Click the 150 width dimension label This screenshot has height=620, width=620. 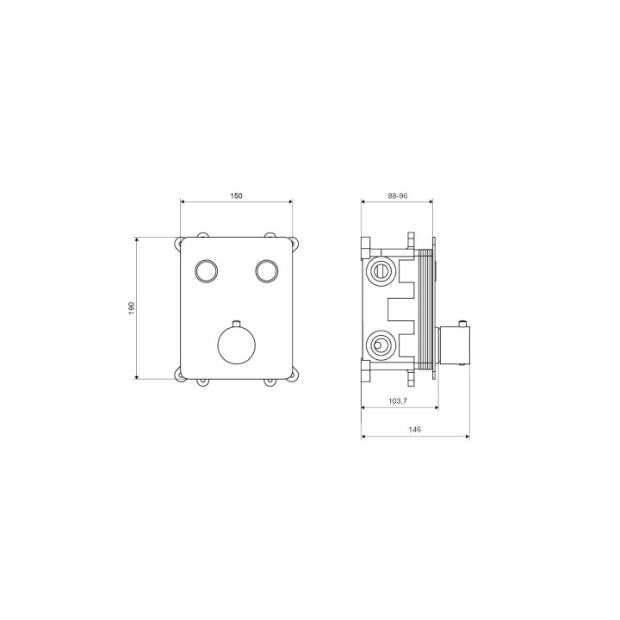(236, 195)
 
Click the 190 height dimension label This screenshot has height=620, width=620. (132, 308)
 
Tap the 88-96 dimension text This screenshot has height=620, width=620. (397, 195)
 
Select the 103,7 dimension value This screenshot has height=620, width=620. (398, 401)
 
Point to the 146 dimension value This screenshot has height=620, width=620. (416, 430)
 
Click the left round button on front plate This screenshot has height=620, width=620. (207, 271)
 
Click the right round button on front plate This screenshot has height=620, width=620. (266, 271)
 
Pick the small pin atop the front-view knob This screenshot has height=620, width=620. (237, 324)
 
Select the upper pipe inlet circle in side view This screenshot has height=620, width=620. (380, 271)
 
